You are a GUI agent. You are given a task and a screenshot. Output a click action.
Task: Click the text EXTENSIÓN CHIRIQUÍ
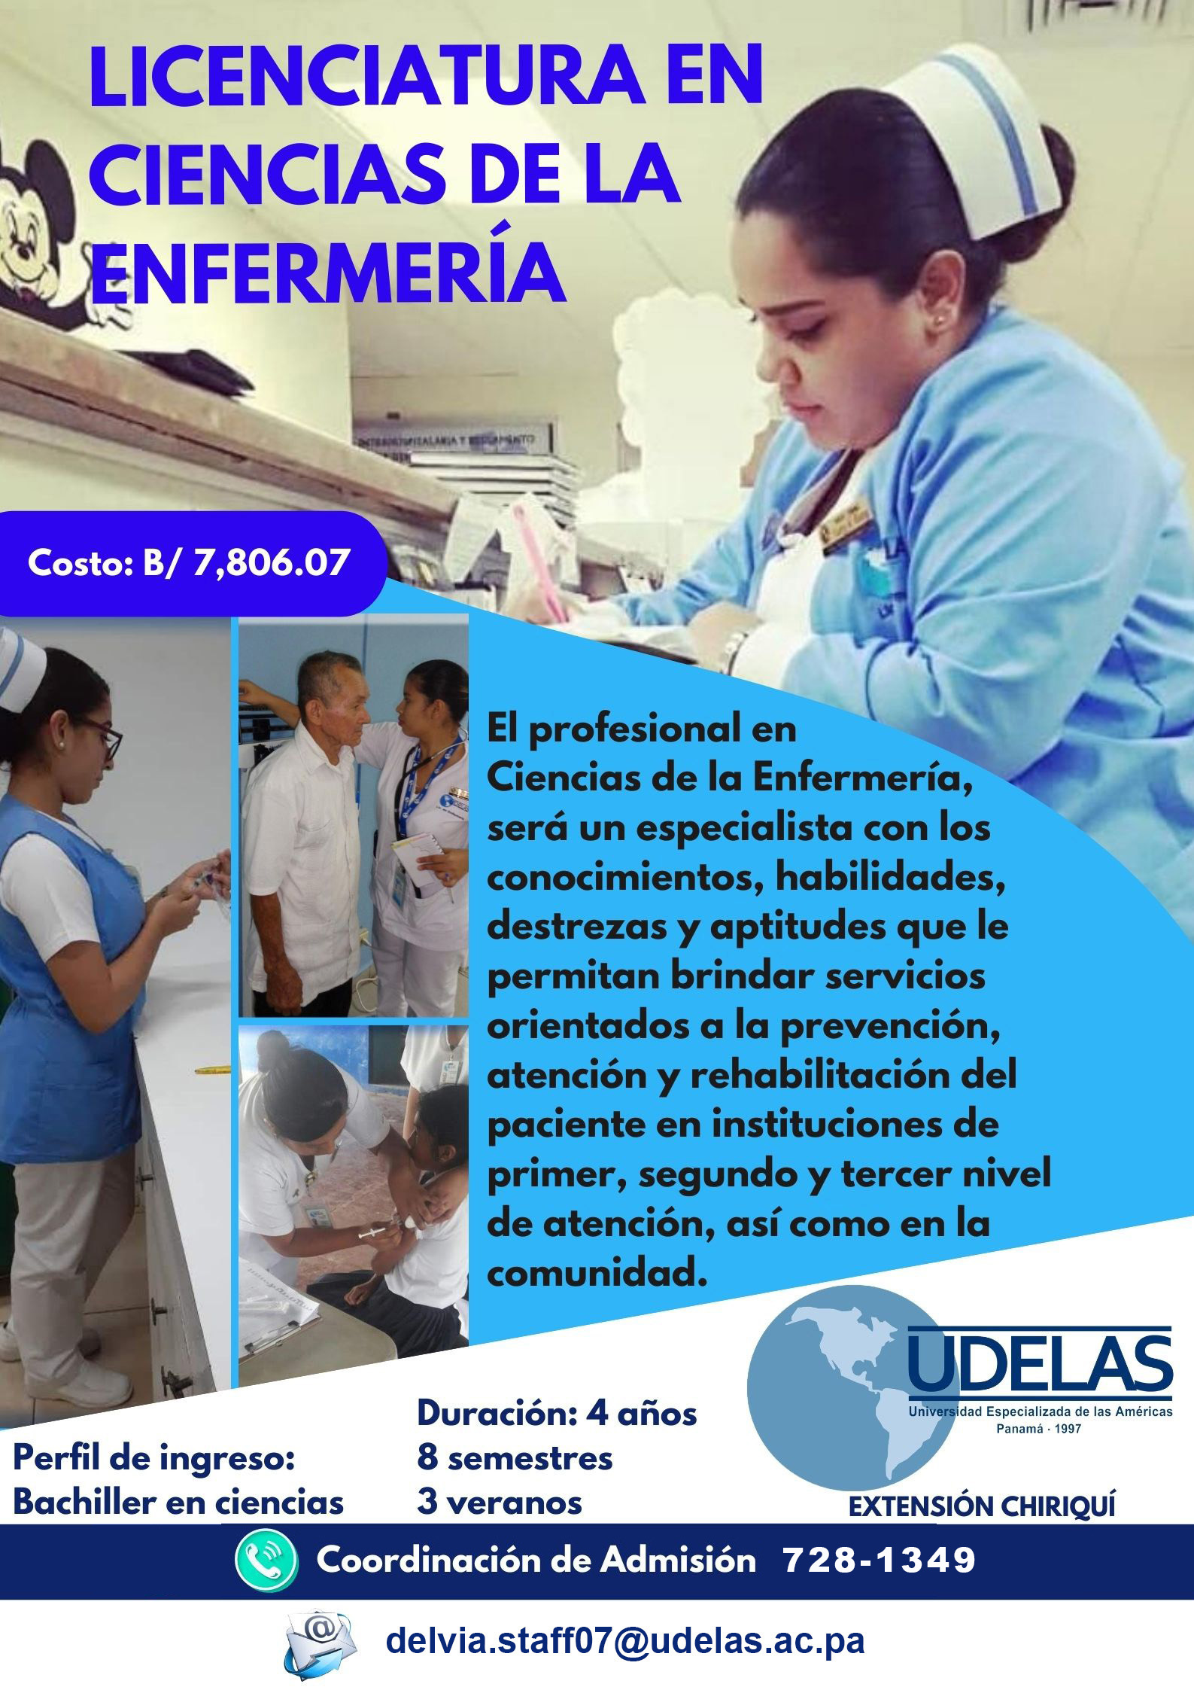click(x=982, y=1486)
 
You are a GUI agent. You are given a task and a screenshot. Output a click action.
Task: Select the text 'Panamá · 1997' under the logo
click(x=1039, y=1428)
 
